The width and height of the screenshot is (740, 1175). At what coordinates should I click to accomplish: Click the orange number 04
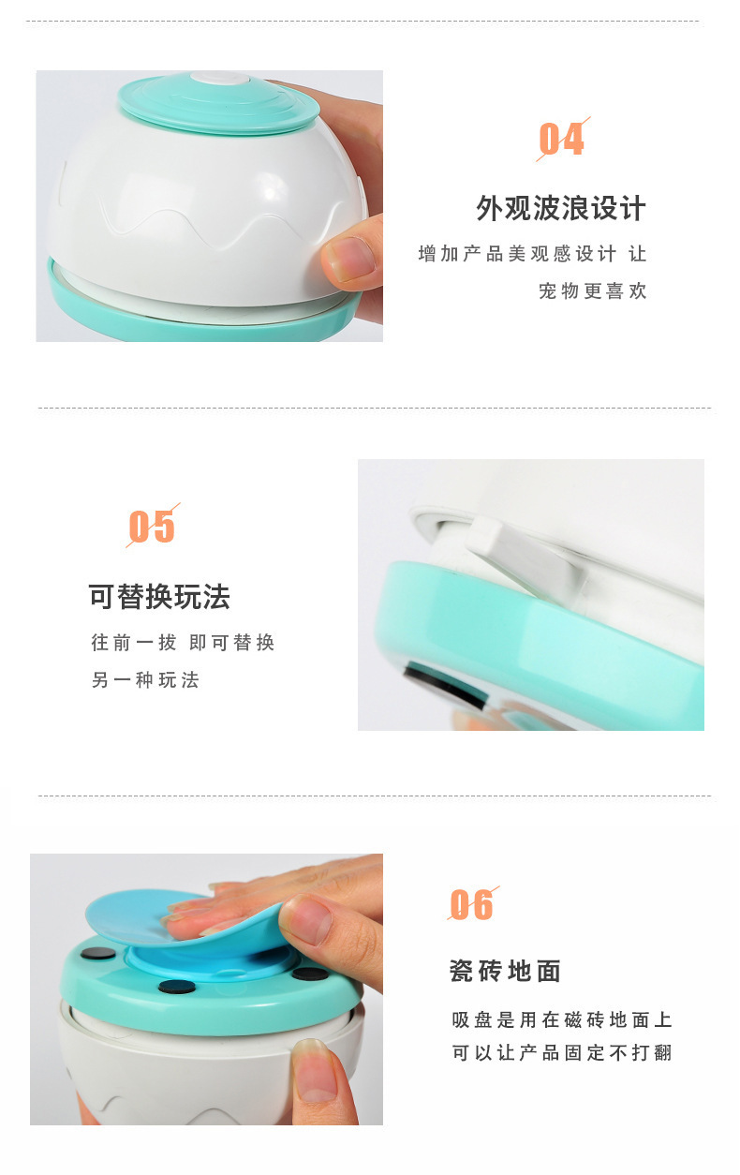[x=562, y=139]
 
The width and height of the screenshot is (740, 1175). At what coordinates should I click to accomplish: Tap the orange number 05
[x=152, y=527]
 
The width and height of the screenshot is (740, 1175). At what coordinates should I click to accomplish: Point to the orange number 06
[x=471, y=905]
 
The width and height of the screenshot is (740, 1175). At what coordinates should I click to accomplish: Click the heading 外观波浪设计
[x=561, y=208]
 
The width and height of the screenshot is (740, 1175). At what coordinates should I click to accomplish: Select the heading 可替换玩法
[x=159, y=597]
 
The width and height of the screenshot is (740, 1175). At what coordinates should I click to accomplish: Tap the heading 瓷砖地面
[x=506, y=971]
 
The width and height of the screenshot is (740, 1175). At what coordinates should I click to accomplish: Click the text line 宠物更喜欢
[x=593, y=290]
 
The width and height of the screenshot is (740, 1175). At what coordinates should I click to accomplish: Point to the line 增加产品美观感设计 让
[x=532, y=254]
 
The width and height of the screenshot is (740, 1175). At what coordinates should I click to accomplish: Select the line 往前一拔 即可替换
[x=183, y=643]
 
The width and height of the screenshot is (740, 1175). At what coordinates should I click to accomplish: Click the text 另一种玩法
[x=145, y=680]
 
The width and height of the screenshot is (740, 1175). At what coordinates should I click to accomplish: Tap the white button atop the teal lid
[x=220, y=78]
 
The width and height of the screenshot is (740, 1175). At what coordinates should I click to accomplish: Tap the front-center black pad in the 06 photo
[x=177, y=986]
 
